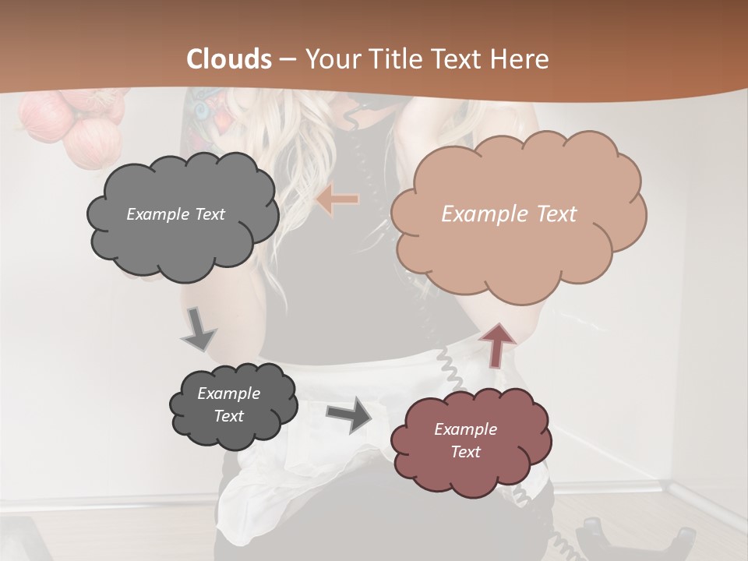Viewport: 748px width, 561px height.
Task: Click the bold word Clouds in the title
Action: (229, 59)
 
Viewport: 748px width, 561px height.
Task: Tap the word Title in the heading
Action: (397, 59)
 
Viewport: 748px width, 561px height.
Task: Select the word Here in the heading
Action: (522, 59)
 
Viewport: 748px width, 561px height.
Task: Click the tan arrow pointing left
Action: (337, 199)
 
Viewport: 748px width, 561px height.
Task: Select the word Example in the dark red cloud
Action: (465, 429)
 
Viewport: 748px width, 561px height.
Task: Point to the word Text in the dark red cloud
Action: (465, 452)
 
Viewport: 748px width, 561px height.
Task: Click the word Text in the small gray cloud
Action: (229, 416)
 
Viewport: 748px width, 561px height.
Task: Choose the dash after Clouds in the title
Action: (288, 59)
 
